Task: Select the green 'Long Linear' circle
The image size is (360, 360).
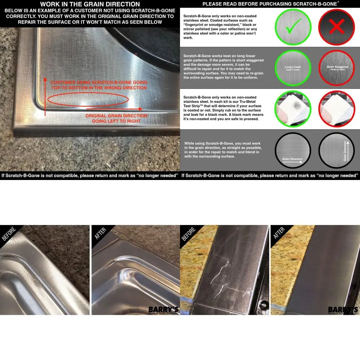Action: pos(292,68)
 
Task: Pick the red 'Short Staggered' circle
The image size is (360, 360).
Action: pos(337,68)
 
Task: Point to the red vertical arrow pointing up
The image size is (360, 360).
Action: pos(45,95)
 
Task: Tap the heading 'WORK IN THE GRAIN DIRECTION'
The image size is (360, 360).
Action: pos(90,4)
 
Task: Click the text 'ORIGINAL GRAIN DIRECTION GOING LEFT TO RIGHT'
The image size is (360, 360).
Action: pos(116,118)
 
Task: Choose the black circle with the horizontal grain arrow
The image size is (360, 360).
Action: pos(292,151)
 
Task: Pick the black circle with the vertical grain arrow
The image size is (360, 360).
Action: pos(337,151)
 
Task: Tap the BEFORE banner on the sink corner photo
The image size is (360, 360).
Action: pos(9,234)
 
